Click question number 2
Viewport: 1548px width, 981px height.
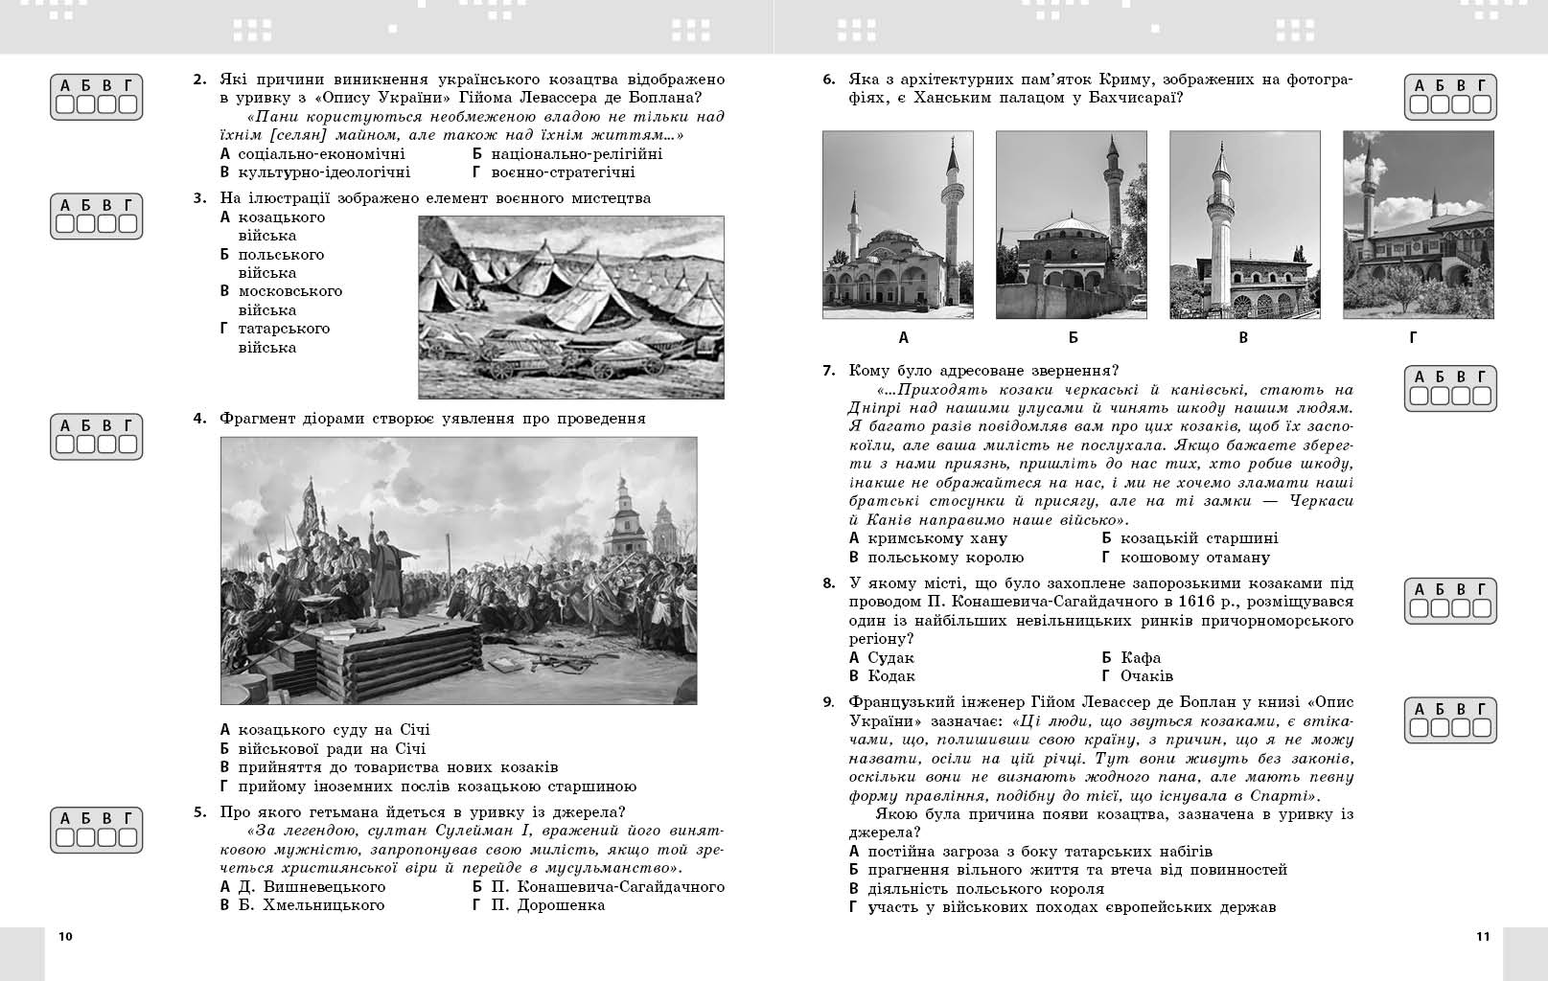[199, 80]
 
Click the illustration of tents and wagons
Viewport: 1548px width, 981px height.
[571, 307]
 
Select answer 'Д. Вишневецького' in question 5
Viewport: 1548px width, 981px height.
[311, 886]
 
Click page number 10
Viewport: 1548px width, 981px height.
[65, 936]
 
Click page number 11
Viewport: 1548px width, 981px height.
[1483, 936]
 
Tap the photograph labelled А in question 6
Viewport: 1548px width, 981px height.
[897, 225]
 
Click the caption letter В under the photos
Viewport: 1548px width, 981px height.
[1243, 337]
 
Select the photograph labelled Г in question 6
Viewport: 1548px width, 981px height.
[1418, 225]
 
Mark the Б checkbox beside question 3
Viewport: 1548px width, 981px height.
[85, 224]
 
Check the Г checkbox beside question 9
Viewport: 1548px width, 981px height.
[1482, 729]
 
